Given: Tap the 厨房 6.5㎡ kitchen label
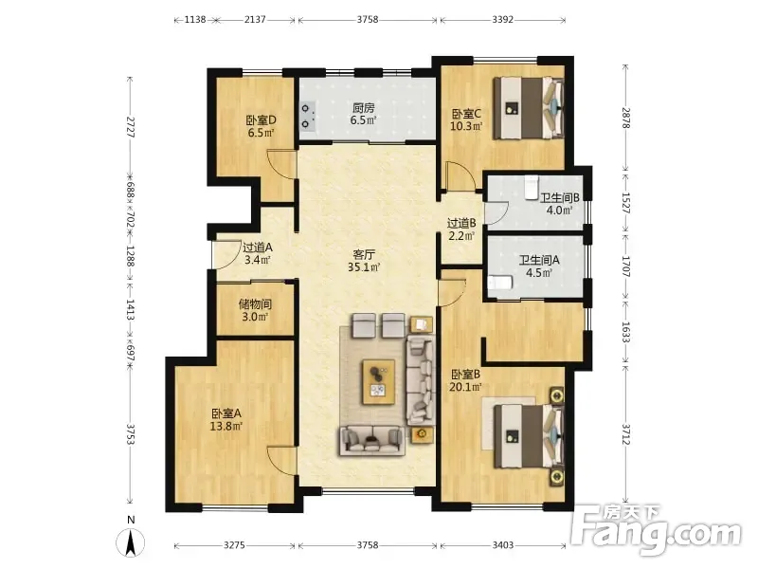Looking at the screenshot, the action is click(x=363, y=114).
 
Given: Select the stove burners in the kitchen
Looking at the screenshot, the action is click(x=306, y=117).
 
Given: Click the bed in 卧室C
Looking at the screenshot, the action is click(x=529, y=108).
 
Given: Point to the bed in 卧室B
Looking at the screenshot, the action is click(x=529, y=437).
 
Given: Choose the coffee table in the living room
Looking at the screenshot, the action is click(x=378, y=382).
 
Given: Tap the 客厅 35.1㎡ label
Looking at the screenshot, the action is click(x=364, y=260).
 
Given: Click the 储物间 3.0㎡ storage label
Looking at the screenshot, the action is click(x=255, y=310).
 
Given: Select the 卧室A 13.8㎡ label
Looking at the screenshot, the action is click(x=226, y=419).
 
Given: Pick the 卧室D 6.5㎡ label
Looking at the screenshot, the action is click(x=262, y=126).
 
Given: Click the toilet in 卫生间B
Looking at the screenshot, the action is click(x=532, y=186).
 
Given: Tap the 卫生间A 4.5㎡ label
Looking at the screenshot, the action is click(x=539, y=266).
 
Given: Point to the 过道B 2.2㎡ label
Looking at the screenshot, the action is click(x=461, y=229).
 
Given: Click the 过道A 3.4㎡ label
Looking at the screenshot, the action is click(x=257, y=253).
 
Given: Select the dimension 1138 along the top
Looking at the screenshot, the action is click(x=195, y=20).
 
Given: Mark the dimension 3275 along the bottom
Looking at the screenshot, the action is click(x=234, y=545).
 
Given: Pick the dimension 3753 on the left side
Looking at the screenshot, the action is click(x=130, y=434).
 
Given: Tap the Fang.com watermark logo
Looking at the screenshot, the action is click(x=656, y=531).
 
